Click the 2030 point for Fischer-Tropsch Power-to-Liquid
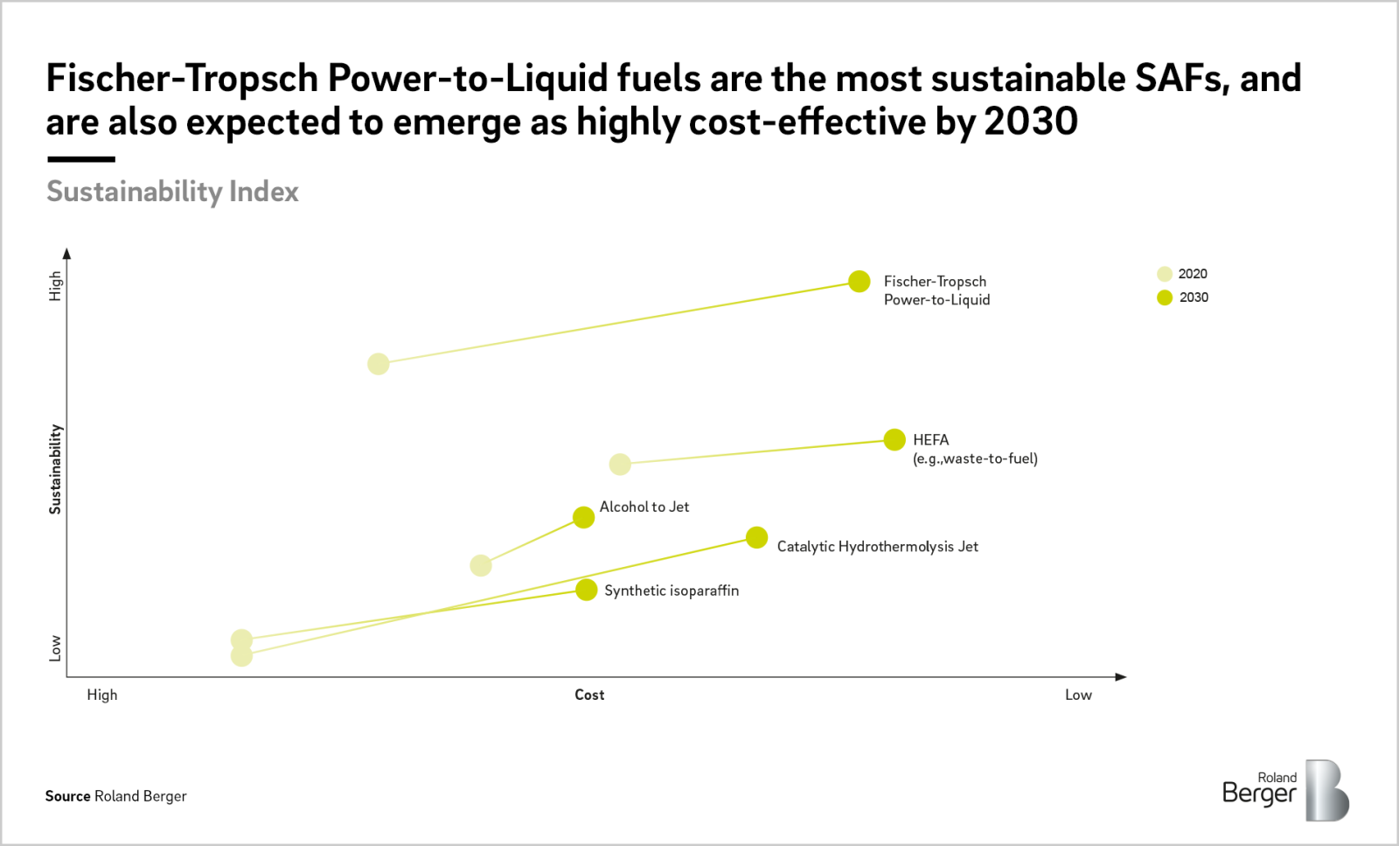pyautogui.click(x=860, y=281)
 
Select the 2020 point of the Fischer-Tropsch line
pyautogui.click(x=378, y=364)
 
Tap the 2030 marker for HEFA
pyautogui.click(x=894, y=440)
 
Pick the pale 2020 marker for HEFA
pyautogui.click(x=620, y=465)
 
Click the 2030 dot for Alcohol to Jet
pyautogui.click(x=583, y=517)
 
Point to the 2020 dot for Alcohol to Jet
pyautogui.click(x=481, y=565)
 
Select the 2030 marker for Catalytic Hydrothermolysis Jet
pyautogui.click(x=756, y=537)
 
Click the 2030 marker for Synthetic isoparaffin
pyautogui.click(x=587, y=590)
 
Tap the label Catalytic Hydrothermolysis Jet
pyautogui.click(x=877, y=547)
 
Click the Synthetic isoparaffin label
pyautogui.click(x=671, y=591)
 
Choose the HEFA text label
pyautogui.click(x=930, y=440)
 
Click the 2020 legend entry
pyautogui.click(x=1182, y=274)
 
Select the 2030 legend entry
pyautogui.click(x=1182, y=297)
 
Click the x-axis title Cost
pyautogui.click(x=589, y=695)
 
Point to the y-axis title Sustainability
pyautogui.click(x=55, y=469)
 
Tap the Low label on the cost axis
pyautogui.click(x=1078, y=695)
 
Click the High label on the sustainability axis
pyautogui.click(x=55, y=285)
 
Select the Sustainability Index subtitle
pyautogui.click(x=172, y=192)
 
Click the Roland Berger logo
pyautogui.click(x=1284, y=790)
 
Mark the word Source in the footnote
pyautogui.click(x=68, y=796)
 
